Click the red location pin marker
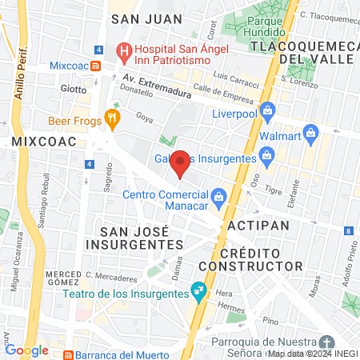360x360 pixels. pos(181,162)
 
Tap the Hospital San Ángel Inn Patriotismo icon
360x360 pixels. pos(124,54)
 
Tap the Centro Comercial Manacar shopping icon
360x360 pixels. pos(218,195)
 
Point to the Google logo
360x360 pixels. pos(26,350)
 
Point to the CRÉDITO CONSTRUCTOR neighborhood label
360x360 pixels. pos(251,258)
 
